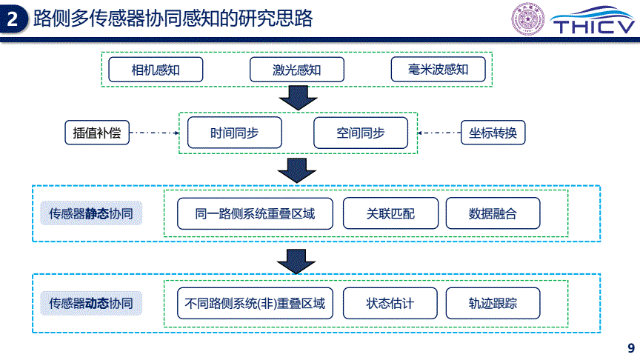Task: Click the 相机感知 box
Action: (x=156, y=70)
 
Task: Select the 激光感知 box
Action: (x=297, y=70)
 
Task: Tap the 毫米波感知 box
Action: (x=438, y=70)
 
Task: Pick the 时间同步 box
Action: (x=234, y=133)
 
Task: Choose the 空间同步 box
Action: (x=361, y=133)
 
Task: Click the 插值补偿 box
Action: (x=97, y=133)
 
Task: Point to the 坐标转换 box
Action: (x=493, y=133)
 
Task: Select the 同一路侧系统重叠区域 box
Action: (x=255, y=213)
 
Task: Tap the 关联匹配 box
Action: (x=390, y=213)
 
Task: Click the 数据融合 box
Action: (x=493, y=213)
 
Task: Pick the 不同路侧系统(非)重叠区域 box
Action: (x=255, y=303)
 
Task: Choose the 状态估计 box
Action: (x=390, y=303)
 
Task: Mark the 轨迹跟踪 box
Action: (x=493, y=303)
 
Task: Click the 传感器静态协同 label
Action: (x=91, y=213)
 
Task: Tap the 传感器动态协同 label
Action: (x=91, y=303)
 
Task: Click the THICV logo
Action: (x=594, y=21)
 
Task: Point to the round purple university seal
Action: (x=528, y=19)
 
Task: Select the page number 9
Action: (x=631, y=347)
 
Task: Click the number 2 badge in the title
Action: (x=13, y=19)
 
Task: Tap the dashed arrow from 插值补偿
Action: (x=155, y=133)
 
